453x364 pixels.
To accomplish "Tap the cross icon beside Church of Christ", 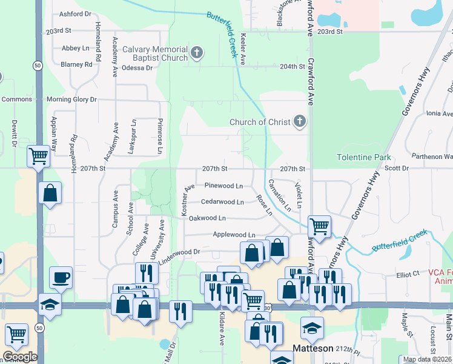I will (x=299, y=122).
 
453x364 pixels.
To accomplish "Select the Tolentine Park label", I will (x=364, y=157).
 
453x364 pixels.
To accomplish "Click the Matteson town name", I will (x=313, y=348).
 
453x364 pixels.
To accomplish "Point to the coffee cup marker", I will (x=61, y=278).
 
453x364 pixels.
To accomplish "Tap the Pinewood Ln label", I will (x=223, y=185).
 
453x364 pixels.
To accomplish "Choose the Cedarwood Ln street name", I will (x=222, y=201).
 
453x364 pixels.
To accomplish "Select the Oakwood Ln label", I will (x=207, y=218).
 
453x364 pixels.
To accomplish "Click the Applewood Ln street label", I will (x=234, y=234).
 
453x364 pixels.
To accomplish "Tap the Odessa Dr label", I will (x=137, y=67).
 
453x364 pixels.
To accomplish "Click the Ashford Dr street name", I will (x=76, y=13).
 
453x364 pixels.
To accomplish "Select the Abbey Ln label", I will (x=75, y=47).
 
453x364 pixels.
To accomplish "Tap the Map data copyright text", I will (x=428, y=359).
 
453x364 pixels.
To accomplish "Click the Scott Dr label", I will (x=397, y=168).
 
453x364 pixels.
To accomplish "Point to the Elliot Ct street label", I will (x=408, y=274).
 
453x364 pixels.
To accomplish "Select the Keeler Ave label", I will (x=242, y=49).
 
